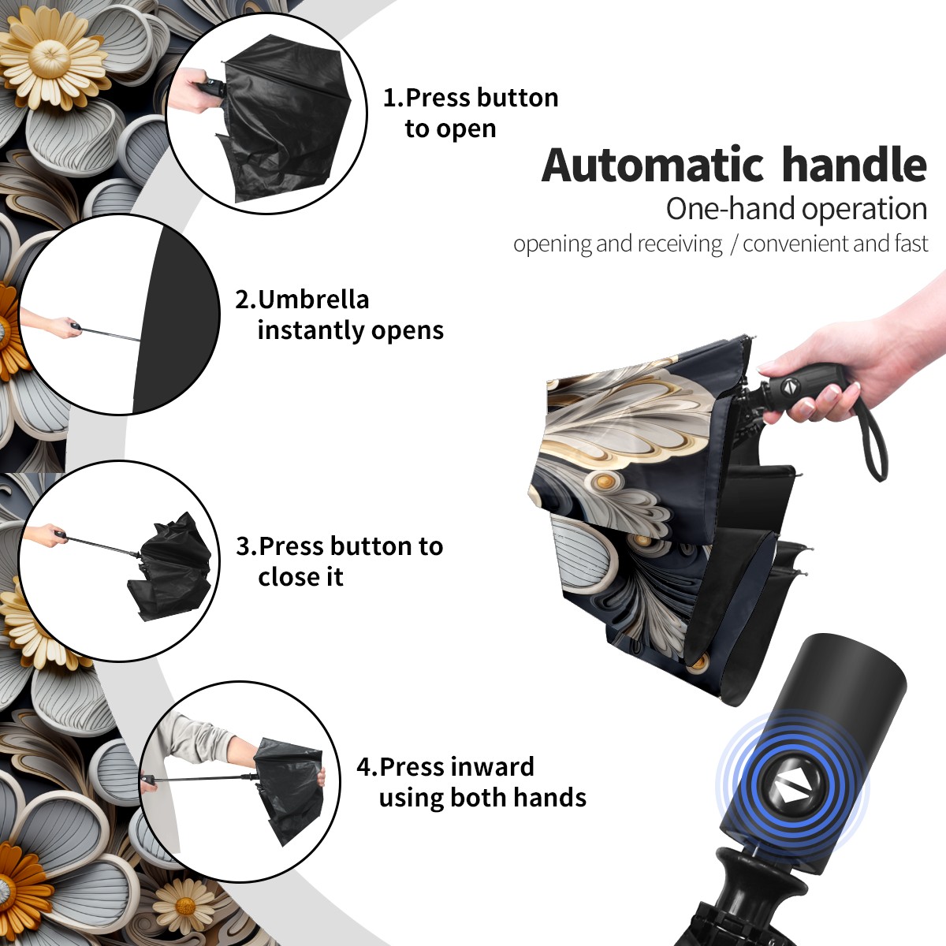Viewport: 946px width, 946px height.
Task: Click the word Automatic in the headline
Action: (653, 165)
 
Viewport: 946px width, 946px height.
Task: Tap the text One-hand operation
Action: (796, 210)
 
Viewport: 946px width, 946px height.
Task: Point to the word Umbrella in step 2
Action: (313, 300)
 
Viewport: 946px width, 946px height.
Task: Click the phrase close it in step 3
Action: (300, 577)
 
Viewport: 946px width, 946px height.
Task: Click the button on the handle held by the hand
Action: (790, 387)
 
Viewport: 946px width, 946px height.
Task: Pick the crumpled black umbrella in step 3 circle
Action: (169, 568)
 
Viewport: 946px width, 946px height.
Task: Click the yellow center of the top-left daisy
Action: (50, 61)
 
